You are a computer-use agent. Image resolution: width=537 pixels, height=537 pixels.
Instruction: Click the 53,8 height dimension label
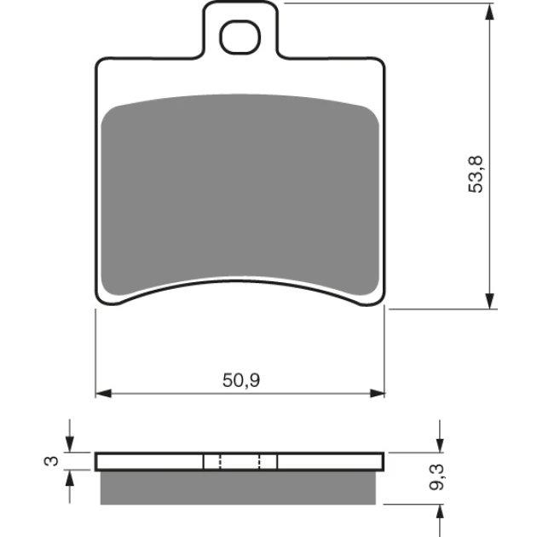(476, 174)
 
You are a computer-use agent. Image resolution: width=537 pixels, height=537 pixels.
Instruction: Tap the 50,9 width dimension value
(241, 380)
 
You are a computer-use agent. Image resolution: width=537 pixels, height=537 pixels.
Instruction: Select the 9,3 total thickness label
(436, 477)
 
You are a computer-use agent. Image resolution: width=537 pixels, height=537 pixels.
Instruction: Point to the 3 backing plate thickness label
(51, 461)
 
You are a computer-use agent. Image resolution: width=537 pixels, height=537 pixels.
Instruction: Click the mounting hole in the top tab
(240, 37)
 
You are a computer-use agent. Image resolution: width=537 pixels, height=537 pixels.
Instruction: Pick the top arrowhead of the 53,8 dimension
(490, 12)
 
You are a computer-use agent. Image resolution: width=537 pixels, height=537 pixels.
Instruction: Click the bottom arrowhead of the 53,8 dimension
(490, 301)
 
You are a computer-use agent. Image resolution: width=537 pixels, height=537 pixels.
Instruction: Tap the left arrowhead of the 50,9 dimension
(103, 394)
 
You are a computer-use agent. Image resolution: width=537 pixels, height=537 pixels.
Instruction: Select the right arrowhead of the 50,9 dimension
(377, 394)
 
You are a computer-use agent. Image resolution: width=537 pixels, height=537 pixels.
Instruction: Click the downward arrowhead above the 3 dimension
(70, 444)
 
